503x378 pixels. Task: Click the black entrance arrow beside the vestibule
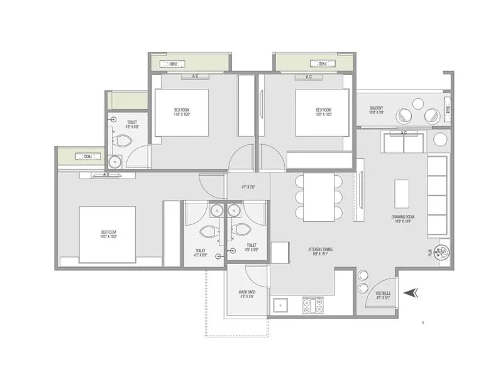(x=412, y=292)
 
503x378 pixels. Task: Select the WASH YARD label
(x=246, y=294)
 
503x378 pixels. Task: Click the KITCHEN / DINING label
(x=321, y=251)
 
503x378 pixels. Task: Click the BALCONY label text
(x=377, y=110)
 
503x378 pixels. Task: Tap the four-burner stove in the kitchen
(x=313, y=306)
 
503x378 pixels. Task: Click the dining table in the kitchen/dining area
(x=319, y=197)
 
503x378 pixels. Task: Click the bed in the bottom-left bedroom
(x=107, y=234)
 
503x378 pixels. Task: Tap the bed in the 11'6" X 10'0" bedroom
(x=182, y=112)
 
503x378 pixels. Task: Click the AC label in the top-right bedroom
(x=309, y=77)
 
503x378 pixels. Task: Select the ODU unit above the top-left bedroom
(x=171, y=64)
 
